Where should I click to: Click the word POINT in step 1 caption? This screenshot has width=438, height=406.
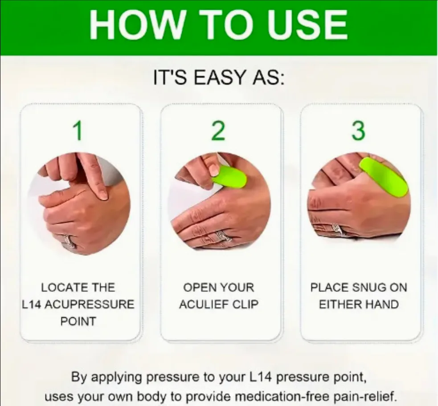tap(78, 321)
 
